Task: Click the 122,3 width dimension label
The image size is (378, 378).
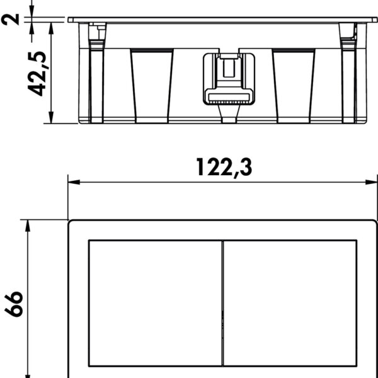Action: tap(224, 168)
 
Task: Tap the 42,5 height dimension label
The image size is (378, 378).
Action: tap(37, 74)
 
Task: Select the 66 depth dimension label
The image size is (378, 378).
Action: tap(14, 304)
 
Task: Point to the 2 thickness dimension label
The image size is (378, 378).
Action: tap(10, 20)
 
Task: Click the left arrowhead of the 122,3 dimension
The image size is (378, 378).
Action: tap(74, 182)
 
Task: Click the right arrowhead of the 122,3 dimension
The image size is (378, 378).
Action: tap(371, 182)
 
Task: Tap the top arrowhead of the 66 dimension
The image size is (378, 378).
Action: tap(28, 226)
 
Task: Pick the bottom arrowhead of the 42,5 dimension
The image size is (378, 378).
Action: tap(51, 117)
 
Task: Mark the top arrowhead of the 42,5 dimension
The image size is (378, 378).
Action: tap(51, 28)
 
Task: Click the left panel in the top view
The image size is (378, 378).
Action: tap(155, 303)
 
